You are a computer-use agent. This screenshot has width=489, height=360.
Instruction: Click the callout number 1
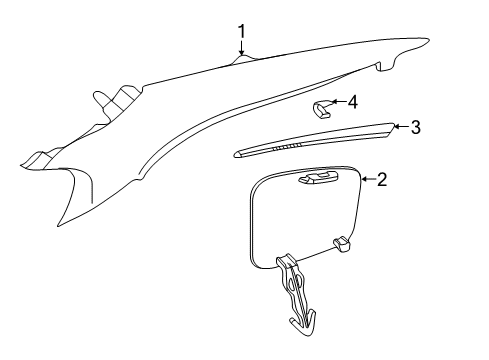(241, 33)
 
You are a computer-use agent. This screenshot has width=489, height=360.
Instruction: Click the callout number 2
(382, 180)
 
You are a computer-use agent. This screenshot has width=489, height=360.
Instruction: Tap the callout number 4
(352, 101)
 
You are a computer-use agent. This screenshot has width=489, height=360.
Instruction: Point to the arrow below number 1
(241, 52)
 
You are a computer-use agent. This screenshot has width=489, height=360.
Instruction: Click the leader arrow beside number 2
(367, 180)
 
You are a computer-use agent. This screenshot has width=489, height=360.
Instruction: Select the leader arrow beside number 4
(338, 101)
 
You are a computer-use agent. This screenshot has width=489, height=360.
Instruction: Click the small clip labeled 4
(321, 108)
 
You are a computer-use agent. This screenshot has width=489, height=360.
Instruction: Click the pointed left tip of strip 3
(236, 155)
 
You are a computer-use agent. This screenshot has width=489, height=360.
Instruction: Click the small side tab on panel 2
(342, 242)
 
